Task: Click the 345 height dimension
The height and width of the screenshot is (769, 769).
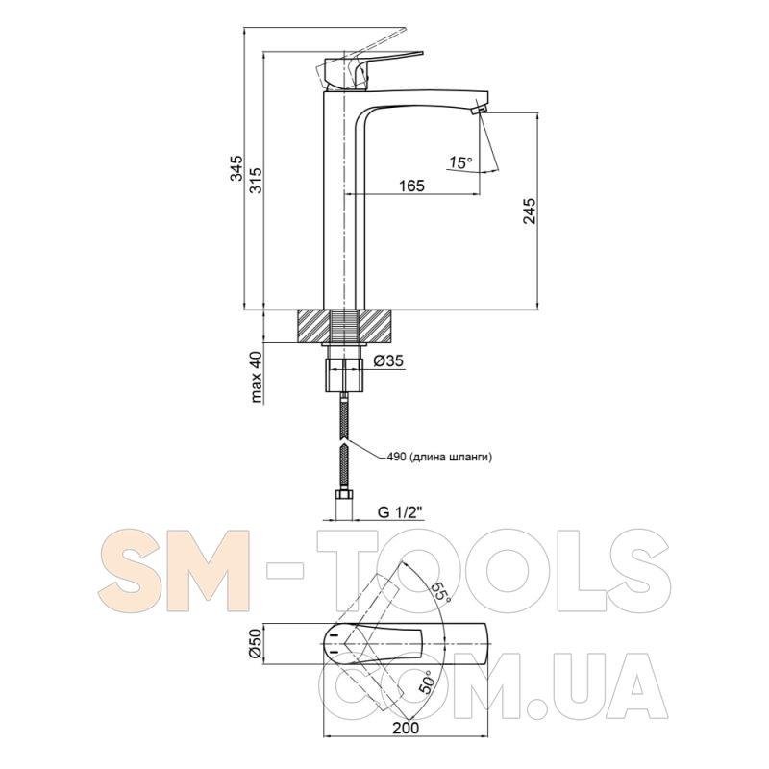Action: tap(237, 167)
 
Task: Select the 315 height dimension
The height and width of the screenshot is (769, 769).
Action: tap(256, 180)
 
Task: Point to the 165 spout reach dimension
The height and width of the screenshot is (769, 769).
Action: tap(411, 186)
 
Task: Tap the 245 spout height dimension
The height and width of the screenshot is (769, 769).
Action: tap(530, 211)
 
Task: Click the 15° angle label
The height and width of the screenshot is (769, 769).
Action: tap(460, 162)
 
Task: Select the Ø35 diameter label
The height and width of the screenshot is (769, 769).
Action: tap(388, 361)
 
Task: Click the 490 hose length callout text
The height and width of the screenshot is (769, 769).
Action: tap(439, 458)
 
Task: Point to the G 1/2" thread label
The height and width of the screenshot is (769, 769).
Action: tap(400, 513)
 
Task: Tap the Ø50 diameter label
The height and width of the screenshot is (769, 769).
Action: tap(256, 643)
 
